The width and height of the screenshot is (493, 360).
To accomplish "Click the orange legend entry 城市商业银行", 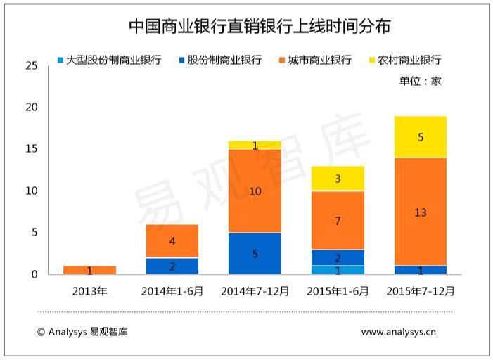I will [314, 60].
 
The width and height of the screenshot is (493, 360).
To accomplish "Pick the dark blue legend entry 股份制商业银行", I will [219, 60].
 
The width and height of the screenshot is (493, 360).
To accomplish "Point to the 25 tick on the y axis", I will [31, 65].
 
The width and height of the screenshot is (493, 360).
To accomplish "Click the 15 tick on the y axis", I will [31, 149].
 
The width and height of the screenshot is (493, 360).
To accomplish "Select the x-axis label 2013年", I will [89, 290].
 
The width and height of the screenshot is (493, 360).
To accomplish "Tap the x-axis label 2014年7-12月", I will [254, 290].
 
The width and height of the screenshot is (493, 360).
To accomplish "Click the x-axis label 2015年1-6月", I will [338, 290].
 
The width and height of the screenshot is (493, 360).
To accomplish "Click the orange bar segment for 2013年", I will [89, 270].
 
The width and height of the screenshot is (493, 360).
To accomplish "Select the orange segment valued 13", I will [420, 212].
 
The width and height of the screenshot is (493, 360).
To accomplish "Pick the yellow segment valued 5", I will [420, 137].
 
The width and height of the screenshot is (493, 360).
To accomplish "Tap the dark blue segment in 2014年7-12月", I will [255, 253].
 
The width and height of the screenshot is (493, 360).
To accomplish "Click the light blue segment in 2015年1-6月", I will [338, 270].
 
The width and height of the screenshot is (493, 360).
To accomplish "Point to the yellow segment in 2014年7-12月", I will [255, 145].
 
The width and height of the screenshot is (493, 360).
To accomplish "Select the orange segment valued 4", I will [172, 241].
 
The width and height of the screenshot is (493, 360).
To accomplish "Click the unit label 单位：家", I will [420, 81].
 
